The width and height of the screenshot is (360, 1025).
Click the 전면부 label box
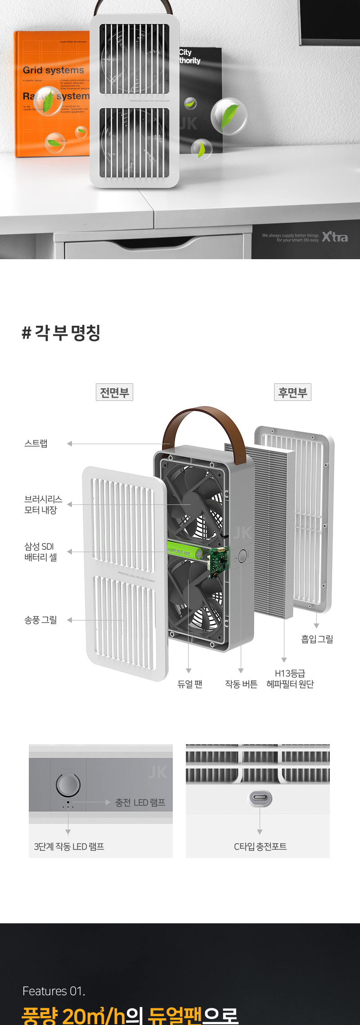(114, 392)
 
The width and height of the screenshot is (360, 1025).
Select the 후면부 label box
(292, 392)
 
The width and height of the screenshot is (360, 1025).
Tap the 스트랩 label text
(36, 444)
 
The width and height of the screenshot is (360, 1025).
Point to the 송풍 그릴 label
(40, 620)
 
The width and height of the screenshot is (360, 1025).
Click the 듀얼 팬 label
(189, 684)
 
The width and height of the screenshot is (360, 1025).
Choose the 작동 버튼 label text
(241, 684)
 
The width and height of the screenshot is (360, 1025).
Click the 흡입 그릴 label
(317, 639)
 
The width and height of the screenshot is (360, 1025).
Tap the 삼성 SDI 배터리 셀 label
(40, 552)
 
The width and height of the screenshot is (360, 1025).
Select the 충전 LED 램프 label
(140, 802)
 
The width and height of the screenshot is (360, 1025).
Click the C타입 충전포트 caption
(260, 847)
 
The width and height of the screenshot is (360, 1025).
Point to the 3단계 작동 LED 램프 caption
(69, 847)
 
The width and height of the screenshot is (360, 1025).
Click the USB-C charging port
(260, 798)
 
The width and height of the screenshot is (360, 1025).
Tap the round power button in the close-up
(68, 785)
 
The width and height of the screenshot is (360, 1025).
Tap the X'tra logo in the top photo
(335, 237)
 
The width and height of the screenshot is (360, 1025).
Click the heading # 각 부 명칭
(61, 333)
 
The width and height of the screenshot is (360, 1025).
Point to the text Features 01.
(54, 991)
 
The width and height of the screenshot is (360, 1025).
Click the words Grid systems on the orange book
(54, 70)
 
